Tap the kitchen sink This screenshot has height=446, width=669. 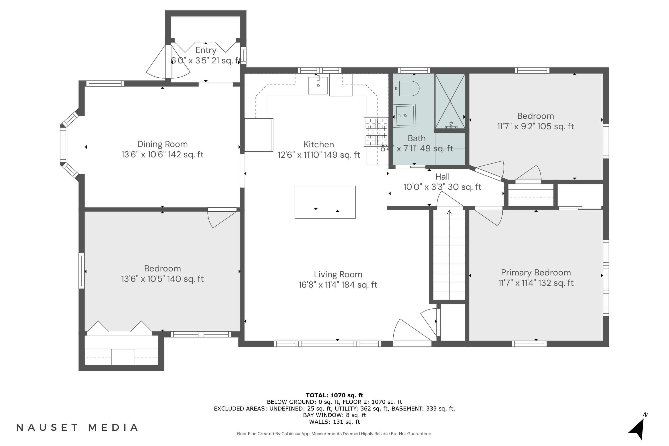318,85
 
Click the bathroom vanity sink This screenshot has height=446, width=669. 405,116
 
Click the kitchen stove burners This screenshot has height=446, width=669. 376,132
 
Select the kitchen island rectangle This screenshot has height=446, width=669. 325,202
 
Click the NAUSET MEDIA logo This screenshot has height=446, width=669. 77,427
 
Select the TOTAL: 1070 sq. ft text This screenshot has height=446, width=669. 334,395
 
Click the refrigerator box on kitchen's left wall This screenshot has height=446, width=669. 258,135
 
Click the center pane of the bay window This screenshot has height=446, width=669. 63,145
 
